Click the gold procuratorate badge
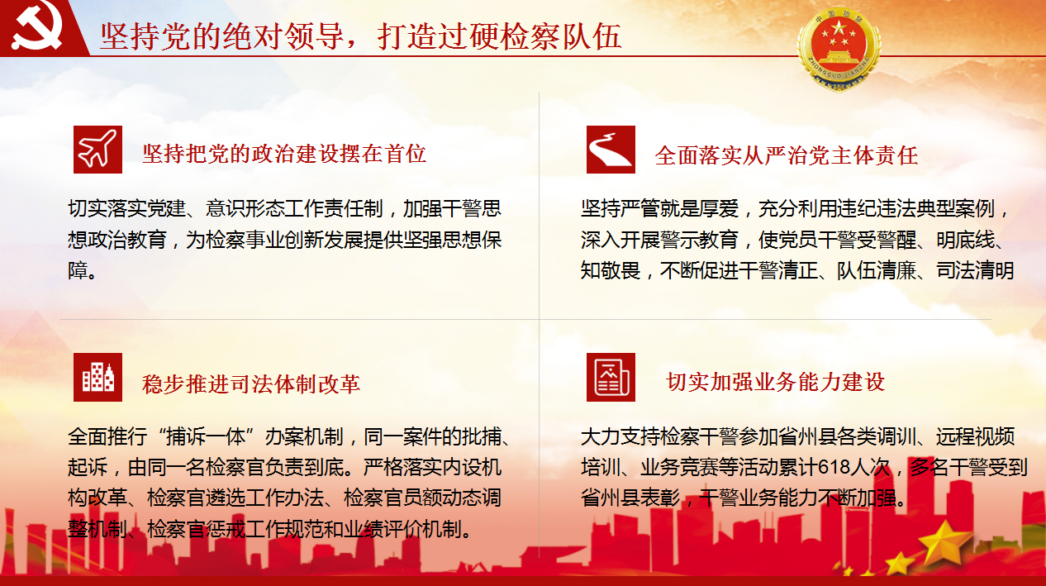(x=839, y=49)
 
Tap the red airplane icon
(x=97, y=150)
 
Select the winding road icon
(x=611, y=150)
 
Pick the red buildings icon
(x=97, y=377)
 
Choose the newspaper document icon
(x=611, y=377)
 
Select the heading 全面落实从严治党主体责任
(x=787, y=155)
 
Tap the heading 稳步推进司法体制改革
(x=251, y=384)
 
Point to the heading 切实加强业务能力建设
(x=775, y=382)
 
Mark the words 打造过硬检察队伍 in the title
(x=499, y=36)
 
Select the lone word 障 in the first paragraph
(x=78, y=270)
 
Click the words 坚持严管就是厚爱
(x=660, y=208)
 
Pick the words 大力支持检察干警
(x=660, y=436)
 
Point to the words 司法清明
(x=975, y=270)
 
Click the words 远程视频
(x=975, y=436)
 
